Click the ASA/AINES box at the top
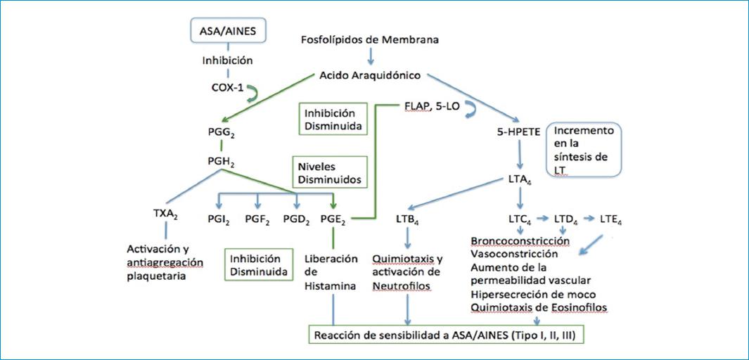point(227,32)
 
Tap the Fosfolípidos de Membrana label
point(370,39)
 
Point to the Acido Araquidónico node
point(370,75)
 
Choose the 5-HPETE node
point(519,131)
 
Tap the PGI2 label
point(219,219)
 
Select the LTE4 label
point(610,219)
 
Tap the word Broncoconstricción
point(520,241)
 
